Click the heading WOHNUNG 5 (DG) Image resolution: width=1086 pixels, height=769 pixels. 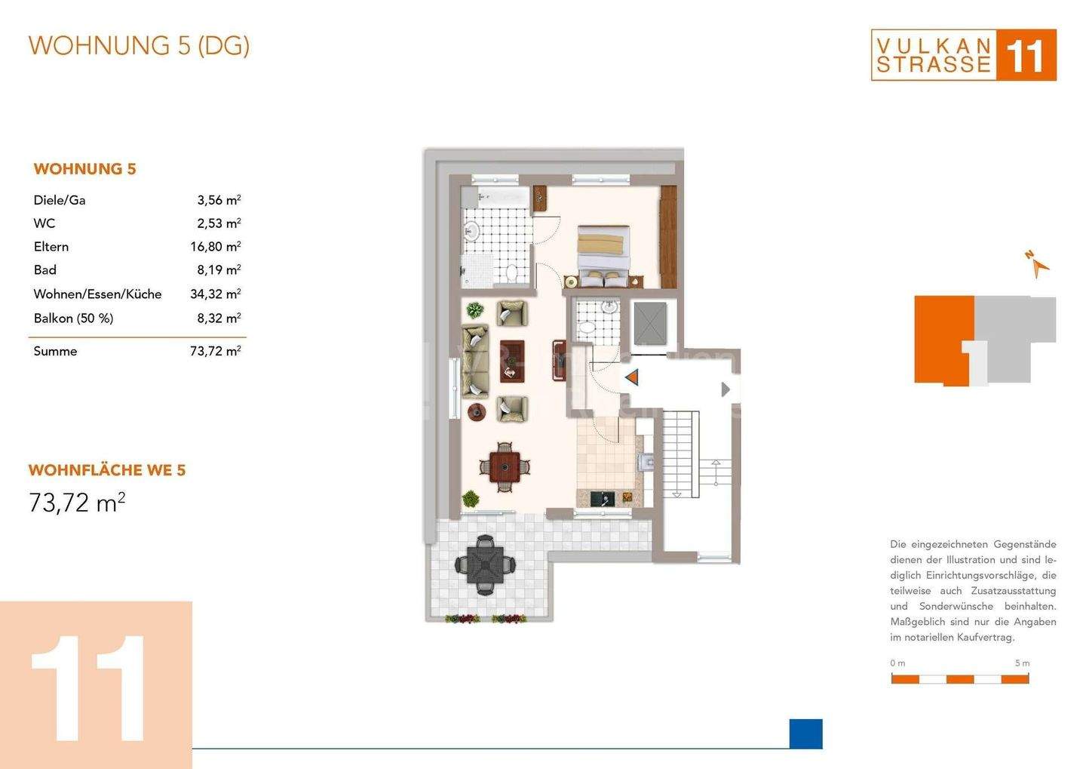139,46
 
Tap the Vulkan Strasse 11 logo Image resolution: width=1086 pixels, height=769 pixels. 963,55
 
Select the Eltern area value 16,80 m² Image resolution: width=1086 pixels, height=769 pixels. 215,247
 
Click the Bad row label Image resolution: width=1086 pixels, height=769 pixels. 45,269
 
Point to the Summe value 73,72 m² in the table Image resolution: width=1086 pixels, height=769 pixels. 215,351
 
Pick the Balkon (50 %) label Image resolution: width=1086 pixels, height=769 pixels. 73,318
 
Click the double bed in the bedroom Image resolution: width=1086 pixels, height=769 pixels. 603,256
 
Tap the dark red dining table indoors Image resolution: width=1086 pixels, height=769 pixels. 505,466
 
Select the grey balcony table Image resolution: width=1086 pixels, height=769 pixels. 486,564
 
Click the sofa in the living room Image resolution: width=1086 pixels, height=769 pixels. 475,360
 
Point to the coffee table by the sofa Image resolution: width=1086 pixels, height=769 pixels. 512,361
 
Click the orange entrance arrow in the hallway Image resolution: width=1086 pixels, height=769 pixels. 632,377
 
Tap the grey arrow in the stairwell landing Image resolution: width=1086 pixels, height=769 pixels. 726,389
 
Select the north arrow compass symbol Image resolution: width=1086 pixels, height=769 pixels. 1038,264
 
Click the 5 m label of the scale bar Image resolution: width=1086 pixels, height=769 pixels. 1023,663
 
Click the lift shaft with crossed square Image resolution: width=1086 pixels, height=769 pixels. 650,324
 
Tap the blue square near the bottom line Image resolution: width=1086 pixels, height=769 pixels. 805,734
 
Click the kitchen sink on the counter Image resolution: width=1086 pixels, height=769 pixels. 603,499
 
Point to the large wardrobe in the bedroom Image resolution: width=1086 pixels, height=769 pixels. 668,237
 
